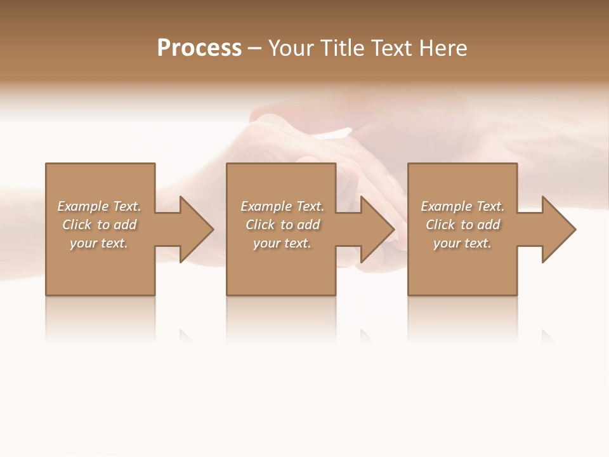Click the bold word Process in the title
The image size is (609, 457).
(199, 48)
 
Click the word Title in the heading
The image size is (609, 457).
(341, 48)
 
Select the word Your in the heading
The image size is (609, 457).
(291, 48)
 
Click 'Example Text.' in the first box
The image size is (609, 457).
(99, 206)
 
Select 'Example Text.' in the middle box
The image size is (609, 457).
(282, 206)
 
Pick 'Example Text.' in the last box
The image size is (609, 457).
(462, 206)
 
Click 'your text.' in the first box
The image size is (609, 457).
(99, 243)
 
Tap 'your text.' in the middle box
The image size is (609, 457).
(282, 243)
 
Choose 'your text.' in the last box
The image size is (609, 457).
(462, 243)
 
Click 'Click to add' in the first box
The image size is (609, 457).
(100, 225)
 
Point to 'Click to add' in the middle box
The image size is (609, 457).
(283, 225)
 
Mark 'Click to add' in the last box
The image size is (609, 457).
(463, 225)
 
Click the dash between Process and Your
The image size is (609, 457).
(254, 48)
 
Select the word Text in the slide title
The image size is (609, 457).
(389, 48)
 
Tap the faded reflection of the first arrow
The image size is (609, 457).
(185, 334)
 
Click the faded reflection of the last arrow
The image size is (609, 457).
(547, 334)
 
